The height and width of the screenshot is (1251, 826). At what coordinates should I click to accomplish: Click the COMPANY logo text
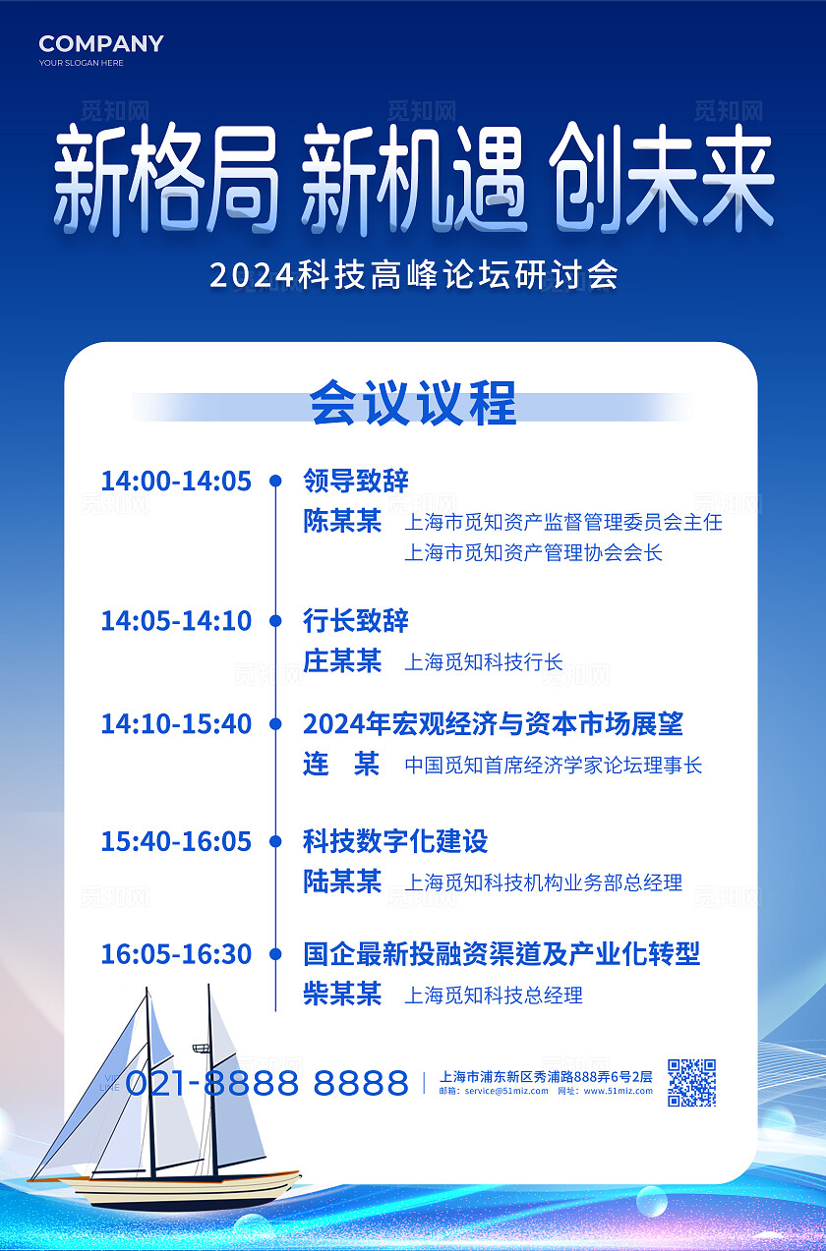pyautogui.click(x=101, y=43)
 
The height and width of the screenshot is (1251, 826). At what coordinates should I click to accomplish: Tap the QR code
pyautogui.click(x=691, y=1082)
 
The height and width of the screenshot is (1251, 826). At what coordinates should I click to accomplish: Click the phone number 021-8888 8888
pyautogui.click(x=266, y=1083)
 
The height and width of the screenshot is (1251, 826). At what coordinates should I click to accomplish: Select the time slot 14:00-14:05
pyautogui.click(x=176, y=481)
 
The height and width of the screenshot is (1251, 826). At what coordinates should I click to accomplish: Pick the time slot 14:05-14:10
pyautogui.click(x=176, y=621)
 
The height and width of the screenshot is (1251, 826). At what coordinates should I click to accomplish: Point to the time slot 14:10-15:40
pyautogui.click(x=176, y=724)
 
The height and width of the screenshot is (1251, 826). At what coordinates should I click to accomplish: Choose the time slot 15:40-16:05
pyautogui.click(x=176, y=841)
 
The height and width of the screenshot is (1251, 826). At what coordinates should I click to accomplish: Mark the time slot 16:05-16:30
pyautogui.click(x=176, y=953)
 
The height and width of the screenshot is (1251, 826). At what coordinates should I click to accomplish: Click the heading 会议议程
pyautogui.click(x=413, y=404)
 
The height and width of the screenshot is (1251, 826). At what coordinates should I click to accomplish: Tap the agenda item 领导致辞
pyautogui.click(x=356, y=481)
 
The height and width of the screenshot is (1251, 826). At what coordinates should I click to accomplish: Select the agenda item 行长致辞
pyautogui.click(x=356, y=621)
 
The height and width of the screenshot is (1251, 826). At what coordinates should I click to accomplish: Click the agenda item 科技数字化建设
pyautogui.click(x=395, y=841)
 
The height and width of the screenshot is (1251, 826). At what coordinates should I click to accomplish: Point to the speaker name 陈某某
pyautogui.click(x=342, y=521)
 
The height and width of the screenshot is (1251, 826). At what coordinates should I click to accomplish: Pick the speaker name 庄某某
pyautogui.click(x=342, y=661)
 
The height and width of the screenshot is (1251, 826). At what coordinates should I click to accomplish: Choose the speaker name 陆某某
pyautogui.click(x=342, y=881)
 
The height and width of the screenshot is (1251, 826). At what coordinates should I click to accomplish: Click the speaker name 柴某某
pyautogui.click(x=342, y=995)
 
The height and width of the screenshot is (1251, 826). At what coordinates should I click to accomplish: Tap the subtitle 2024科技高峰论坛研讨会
pyautogui.click(x=414, y=275)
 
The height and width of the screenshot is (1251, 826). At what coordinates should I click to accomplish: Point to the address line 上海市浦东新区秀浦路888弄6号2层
pyautogui.click(x=546, y=1076)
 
